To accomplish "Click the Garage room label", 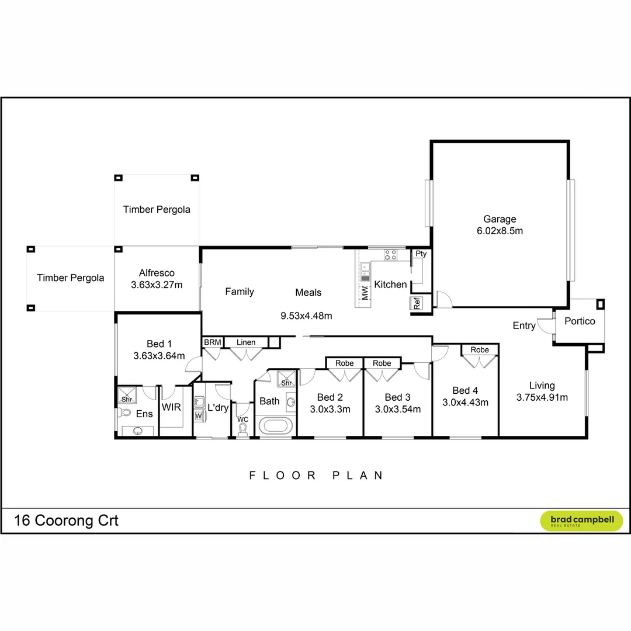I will coord(500,220).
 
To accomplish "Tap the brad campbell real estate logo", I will coord(581,521).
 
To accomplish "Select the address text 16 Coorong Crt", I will coord(66,521).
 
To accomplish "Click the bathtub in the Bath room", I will coord(274,425).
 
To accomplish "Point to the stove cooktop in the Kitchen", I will coord(390,255).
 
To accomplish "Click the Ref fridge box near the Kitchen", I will coord(417,304).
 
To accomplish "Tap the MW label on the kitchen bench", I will coord(365,293).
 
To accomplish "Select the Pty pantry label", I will coord(421,254).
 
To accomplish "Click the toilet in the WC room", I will coord(242,429).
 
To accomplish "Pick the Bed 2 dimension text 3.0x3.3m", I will coord(330,409).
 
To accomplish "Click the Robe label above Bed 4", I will coord(480,350).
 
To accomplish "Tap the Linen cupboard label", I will coord(246,342).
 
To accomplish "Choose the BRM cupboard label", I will coord(212,342).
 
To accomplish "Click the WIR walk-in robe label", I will coord(171,406).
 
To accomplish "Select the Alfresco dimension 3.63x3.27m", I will coord(157,285).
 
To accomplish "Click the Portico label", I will coord(580,321).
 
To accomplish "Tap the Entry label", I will coord(524,325).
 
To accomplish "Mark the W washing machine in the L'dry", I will coord(199,415).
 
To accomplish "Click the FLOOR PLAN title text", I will coord(316,476).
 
